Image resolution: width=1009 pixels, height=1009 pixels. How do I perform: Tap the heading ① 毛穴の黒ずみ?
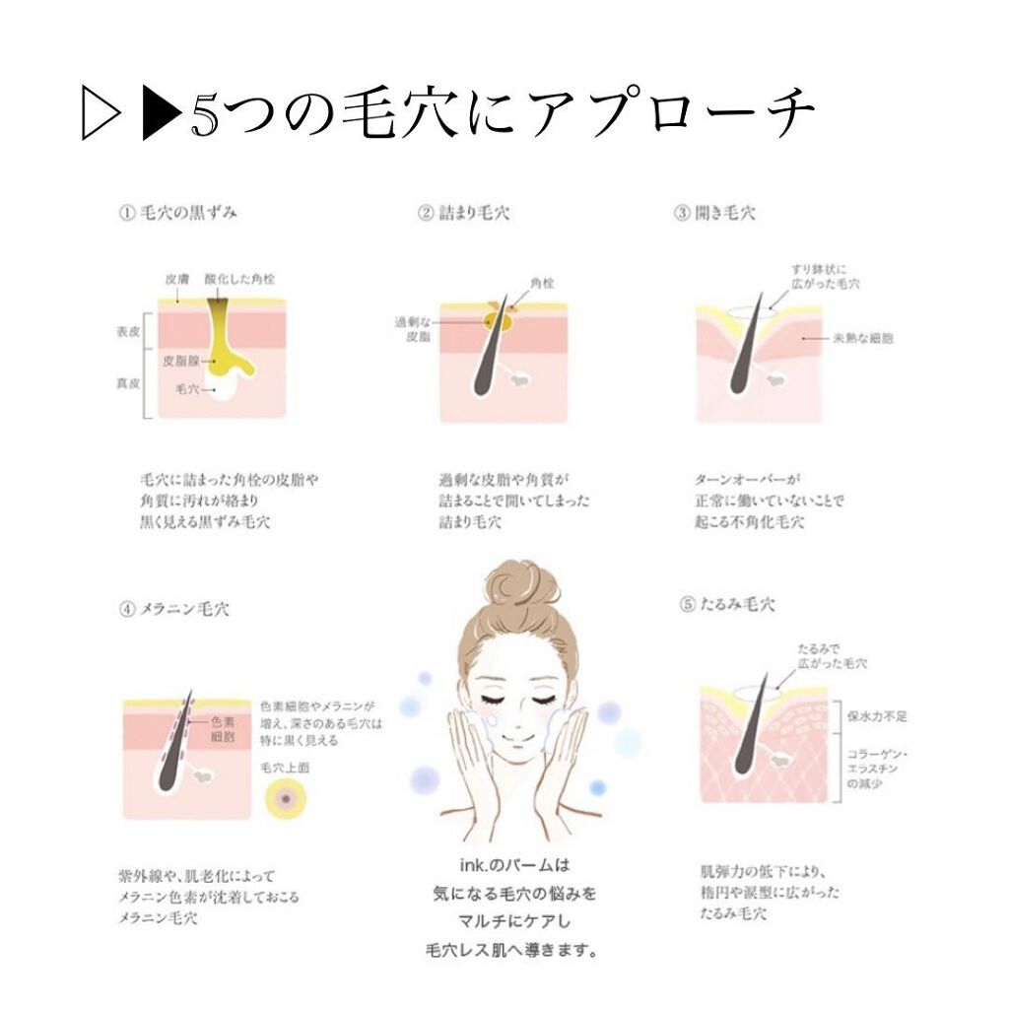(x=177, y=212)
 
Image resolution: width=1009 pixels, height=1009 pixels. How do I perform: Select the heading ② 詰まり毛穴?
(x=463, y=212)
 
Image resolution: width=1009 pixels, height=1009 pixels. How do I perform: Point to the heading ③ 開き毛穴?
(x=714, y=212)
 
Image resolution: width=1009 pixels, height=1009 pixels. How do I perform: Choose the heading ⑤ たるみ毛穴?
(x=726, y=604)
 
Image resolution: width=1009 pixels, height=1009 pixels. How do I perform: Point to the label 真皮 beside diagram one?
(x=127, y=384)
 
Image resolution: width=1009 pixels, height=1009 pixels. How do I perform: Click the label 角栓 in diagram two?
(x=541, y=282)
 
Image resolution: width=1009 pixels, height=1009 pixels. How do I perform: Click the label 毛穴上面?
(x=284, y=766)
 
